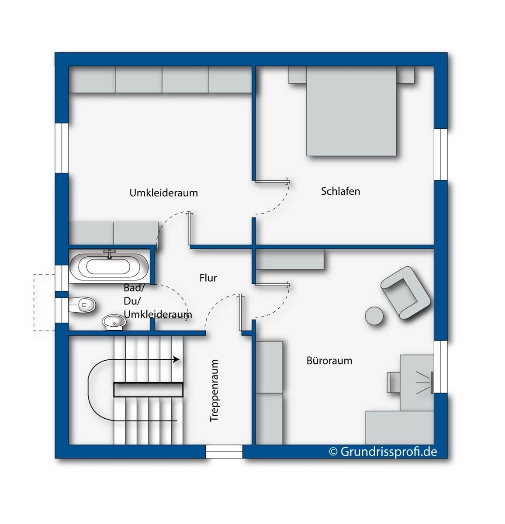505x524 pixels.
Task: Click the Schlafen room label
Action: pos(340,191)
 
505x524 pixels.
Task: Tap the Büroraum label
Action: pos(329,361)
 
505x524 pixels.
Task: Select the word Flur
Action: pos(208,278)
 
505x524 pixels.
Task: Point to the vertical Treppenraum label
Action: pos(214,390)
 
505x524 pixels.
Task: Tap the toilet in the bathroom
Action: pos(82,305)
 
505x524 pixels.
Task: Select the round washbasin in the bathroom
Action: pos(114,322)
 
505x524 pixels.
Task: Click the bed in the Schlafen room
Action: pos(351,111)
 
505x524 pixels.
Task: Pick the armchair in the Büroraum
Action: pos(405,293)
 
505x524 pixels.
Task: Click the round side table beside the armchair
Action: pos(374,316)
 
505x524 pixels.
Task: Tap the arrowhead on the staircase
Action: pos(176,359)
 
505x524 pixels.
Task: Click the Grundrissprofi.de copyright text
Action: pos(383,452)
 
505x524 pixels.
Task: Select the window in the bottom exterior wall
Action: pos(224,452)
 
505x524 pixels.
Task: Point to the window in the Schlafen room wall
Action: pos(441,154)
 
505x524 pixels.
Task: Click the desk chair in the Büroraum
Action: pos(394,382)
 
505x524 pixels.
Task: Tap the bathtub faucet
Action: pos(109,254)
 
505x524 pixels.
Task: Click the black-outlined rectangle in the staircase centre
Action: pos(148,390)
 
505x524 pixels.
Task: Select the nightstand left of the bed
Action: pos(297,75)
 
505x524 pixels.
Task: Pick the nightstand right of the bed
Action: pos(405,75)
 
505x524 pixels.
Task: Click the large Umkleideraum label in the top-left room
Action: pos(164,193)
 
